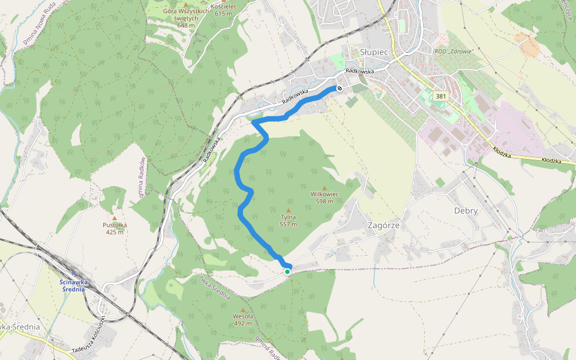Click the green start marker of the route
click(287, 272)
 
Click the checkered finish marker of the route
click(340, 89)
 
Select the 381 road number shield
click(441, 96)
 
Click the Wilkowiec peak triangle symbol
click(325, 188)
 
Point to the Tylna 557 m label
click(288, 221)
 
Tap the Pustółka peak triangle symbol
click(114, 218)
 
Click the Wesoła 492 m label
click(243, 320)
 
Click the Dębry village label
click(466, 211)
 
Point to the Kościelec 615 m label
click(223, 10)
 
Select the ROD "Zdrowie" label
click(454, 52)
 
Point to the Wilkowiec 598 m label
click(325, 198)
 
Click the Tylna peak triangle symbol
click(288, 211)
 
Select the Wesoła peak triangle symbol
click(243, 310)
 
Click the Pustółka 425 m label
click(114, 229)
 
